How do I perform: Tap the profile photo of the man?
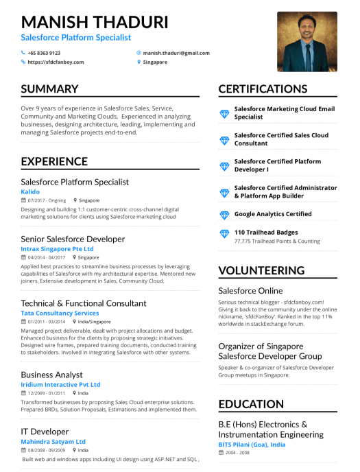click(307, 42)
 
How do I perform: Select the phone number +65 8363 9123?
click(44, 53)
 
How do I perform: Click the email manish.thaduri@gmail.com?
click(176, 53)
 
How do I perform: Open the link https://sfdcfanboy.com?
click(56, 62)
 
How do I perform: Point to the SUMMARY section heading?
click(49, 89)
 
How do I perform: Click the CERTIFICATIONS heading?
click(263, 89)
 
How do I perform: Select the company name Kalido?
click(30, 192)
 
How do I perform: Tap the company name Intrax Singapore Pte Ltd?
click(58, 248)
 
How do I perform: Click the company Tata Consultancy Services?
click(60, 313)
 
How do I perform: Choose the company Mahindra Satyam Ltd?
click(53, 442)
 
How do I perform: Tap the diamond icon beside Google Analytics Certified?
click(224, 215)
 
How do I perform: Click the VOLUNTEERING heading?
click(261, 270)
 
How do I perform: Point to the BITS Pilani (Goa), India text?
click(252, 445)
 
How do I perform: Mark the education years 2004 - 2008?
click(238, 453)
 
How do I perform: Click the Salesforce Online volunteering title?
click(250, 291)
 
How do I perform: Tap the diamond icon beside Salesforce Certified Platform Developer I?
click(224, 166)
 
